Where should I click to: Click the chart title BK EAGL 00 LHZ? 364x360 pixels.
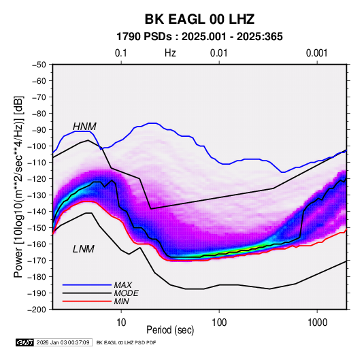click(199, 19)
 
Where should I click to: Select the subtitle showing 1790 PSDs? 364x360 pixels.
click(199, 37)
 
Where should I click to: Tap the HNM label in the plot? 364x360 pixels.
click(84, 127)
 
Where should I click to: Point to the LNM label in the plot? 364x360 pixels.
click(84, 249)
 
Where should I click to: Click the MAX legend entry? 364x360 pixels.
click(122, 284)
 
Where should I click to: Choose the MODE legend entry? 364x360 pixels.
click(127, 293)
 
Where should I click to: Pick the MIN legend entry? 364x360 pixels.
click(121, 301)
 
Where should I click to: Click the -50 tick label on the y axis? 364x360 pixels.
click(39, 65)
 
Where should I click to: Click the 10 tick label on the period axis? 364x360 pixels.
click(121, 323)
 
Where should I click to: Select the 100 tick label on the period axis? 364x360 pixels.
click(219, 323)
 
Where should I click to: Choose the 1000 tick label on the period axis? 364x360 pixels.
click(317, 323)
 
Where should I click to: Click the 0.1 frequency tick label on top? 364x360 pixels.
click(121, 53)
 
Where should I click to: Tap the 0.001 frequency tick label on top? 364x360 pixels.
click(317, 53)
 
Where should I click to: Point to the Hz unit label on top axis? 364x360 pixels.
click(170, 53)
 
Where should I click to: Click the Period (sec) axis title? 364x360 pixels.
click(170, 330)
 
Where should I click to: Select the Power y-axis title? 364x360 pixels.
click(18, 187)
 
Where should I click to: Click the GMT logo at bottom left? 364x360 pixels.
click(24, 342)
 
